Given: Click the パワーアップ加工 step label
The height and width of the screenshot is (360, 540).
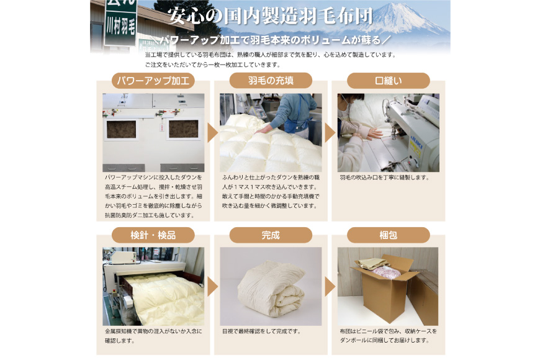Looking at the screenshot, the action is [153, 81].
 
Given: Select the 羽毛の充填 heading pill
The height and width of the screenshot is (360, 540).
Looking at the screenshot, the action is [271, 81].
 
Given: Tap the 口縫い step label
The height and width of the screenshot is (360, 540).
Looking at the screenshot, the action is [389, 81].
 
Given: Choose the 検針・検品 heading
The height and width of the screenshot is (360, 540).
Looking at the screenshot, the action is [153, 235].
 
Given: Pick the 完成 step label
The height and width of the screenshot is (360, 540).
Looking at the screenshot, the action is [271, 235].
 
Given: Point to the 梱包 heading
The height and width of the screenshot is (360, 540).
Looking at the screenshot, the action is [389, 235].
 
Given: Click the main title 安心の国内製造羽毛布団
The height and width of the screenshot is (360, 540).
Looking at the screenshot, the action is [271, 16].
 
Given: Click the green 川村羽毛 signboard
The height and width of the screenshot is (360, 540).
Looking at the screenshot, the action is [120, 23].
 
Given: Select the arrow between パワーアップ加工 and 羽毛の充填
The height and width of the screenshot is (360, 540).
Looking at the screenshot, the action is [212, 133].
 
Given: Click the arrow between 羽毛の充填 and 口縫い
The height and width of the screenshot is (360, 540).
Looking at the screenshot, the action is [330, 133].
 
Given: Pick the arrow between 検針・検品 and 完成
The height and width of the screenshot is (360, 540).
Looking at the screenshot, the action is [212, 286].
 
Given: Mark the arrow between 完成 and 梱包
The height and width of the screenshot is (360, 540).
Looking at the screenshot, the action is [330, 286].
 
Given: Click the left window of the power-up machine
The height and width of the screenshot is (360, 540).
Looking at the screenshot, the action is [121, 130].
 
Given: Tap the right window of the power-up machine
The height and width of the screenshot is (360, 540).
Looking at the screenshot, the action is [184, 129].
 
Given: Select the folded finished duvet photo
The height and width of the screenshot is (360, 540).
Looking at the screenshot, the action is [271, 287].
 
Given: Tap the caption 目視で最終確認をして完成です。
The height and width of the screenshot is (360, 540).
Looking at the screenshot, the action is [262, 331].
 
